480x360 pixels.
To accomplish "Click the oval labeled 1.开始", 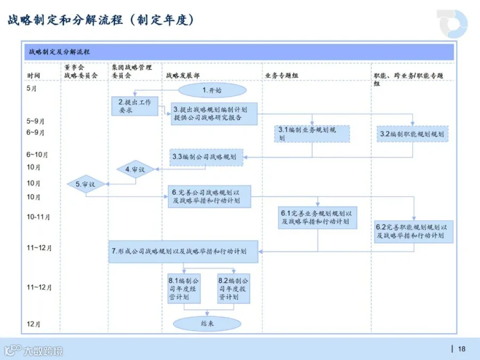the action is coord(212,90).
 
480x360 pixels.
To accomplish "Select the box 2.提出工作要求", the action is coord(135,106).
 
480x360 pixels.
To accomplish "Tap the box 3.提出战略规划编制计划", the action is coord(214,114).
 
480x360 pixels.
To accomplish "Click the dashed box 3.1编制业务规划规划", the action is coord(312,134).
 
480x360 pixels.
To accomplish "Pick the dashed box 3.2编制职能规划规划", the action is coord(412,134).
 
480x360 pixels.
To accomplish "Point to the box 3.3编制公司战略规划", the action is coord(206,157).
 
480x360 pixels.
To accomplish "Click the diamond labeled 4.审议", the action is coord(135,169).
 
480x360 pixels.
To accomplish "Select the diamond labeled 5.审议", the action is coord(86,184).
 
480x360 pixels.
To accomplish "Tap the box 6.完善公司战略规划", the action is coord(210,196).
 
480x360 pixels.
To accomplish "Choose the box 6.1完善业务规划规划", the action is coord(317,218).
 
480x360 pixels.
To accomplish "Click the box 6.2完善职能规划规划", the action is coord(413,232).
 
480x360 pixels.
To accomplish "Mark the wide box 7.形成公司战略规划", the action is coord(183,252).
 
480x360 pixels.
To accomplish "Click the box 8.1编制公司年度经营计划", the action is coord(184,289).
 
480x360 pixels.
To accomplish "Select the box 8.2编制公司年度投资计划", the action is coord(234,289).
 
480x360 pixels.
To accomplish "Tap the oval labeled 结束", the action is coord(207,324).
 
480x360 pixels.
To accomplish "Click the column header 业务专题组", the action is coord(282,76).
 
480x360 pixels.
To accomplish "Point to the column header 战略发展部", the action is coord(183,76).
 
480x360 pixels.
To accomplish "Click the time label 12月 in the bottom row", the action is coord(34,324).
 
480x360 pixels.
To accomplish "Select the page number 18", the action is coord(462,349).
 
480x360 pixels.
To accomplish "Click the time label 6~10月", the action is coord(37,155).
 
